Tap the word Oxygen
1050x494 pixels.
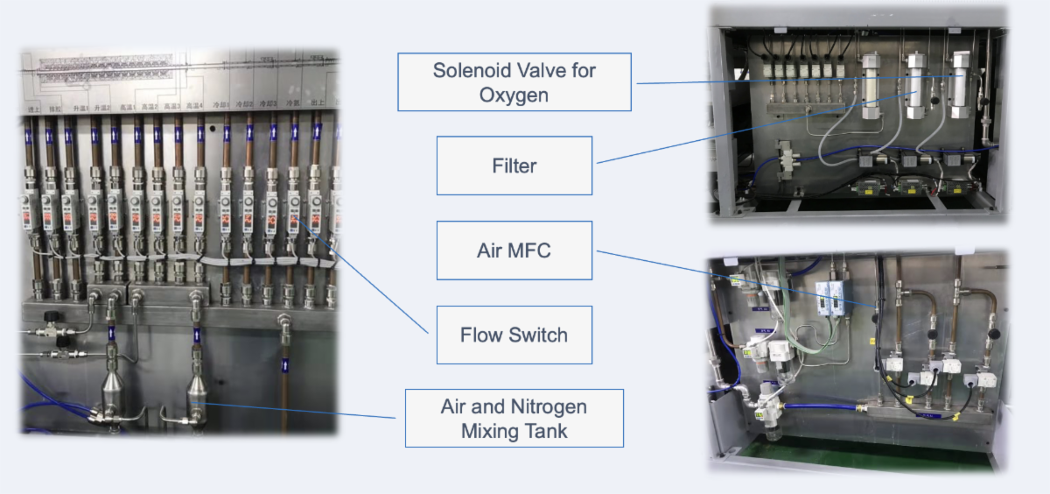(x=514, y=95)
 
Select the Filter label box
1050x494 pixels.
(x=514, y=166)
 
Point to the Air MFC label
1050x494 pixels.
(x=514, y=251)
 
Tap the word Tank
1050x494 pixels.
(x=547, y=431)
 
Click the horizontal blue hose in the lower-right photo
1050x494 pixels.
(x=822, y=406)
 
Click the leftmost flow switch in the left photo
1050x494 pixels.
(x=27, y=210)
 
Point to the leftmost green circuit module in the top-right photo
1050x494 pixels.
(x=871, y=187)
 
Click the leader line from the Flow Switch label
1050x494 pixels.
(x=367, y=280)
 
